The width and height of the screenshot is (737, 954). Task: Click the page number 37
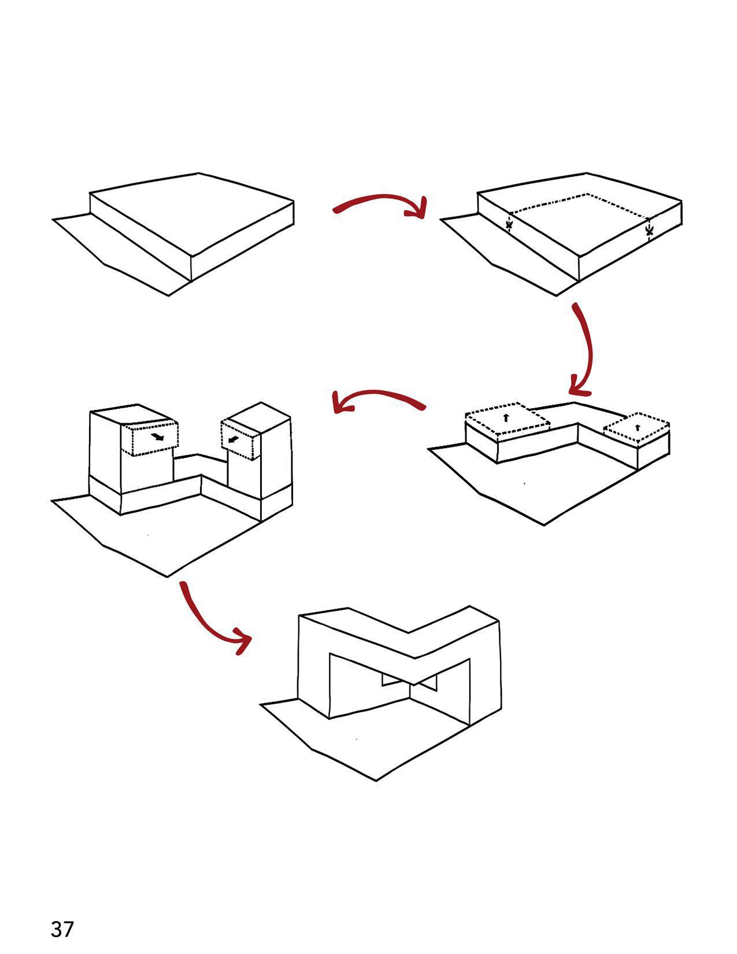[x=62, y=929]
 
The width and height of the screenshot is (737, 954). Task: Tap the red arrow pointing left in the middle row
[x=379, y=398]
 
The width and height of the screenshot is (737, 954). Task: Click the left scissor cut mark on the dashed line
[x=509, y=224]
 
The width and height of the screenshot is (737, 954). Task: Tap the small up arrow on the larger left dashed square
[x=506, y=417]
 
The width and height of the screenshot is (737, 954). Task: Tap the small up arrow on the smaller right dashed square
[x=637, y=428]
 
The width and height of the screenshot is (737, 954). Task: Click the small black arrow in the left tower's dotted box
[x=157, y=437]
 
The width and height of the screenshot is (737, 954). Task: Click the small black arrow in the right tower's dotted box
[x=233, y=440]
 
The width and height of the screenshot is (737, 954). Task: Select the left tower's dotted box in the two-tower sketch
[x=150, y=439]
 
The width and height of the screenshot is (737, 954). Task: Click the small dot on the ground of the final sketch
[x=356, y=739]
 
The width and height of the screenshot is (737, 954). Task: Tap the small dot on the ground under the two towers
[x=148, y=535]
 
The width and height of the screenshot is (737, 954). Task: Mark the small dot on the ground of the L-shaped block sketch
[x=524, y=483]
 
